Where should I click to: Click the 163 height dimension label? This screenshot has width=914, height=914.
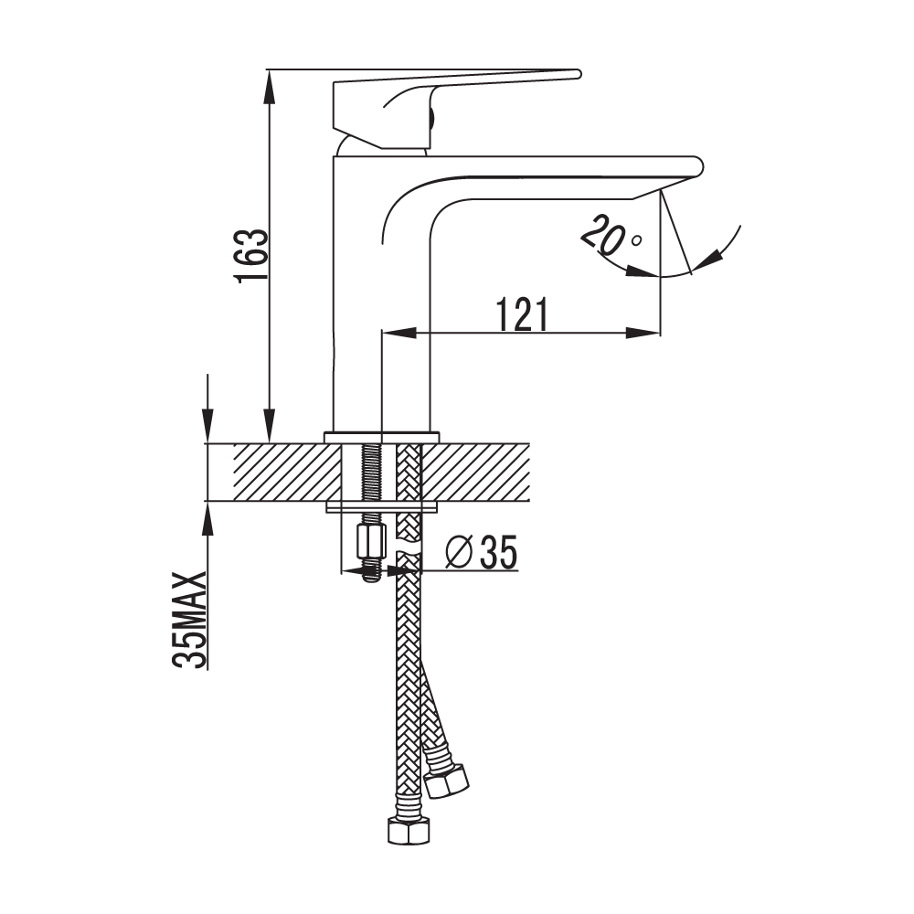pos(252,255)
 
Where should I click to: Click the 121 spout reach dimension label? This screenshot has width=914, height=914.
pos(522,314)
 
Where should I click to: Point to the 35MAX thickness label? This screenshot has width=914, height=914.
pos(190,620)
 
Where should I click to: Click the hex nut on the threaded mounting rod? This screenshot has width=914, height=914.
pos(371,541)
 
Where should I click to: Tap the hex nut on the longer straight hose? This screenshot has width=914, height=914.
pos(409,830)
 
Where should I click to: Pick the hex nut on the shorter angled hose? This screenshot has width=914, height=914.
pos(447,780)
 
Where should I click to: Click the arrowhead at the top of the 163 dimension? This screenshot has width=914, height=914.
pos(269,87)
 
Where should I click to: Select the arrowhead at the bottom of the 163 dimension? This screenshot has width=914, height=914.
pos(269,425)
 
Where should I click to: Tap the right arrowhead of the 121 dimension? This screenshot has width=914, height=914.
pos(643,333)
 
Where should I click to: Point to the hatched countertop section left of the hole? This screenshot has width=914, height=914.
pos(287,473)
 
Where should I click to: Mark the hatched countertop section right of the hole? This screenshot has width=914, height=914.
pos(475,473)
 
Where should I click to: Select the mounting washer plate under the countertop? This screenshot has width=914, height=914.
pos(382,507)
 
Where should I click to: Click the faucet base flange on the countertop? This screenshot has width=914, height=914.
pos(382,438)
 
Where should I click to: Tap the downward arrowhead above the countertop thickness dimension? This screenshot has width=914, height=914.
pos(207,426)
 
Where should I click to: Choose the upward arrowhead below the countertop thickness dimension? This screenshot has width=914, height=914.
pos(207,518)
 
